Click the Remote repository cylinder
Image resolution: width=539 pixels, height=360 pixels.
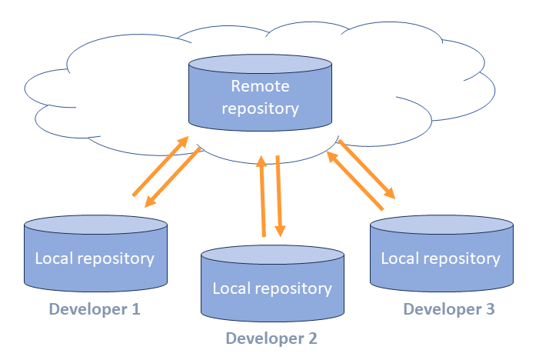(260, 96)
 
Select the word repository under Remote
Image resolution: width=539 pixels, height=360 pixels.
(260, 108)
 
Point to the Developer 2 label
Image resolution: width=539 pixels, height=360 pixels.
(271, 338)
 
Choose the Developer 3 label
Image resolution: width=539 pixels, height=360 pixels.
(448, 309)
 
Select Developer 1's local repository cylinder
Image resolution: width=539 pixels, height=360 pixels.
(95, 258)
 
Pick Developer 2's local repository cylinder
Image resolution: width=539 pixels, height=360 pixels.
(271, 288)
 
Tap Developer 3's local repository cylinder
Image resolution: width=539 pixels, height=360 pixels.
(441, 258)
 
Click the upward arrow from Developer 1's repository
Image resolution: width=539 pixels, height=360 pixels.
(160, 166)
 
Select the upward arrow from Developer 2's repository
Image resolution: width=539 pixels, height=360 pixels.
(262, 195)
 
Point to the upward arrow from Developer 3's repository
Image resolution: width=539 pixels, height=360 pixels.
(354, 179)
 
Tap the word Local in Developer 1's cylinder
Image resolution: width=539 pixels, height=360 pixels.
(53, 258)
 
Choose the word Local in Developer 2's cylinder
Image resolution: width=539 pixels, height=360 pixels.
(230, 288)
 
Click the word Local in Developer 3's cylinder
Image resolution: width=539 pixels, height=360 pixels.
(399, 258)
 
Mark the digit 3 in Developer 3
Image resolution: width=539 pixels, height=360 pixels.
(489, 309)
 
